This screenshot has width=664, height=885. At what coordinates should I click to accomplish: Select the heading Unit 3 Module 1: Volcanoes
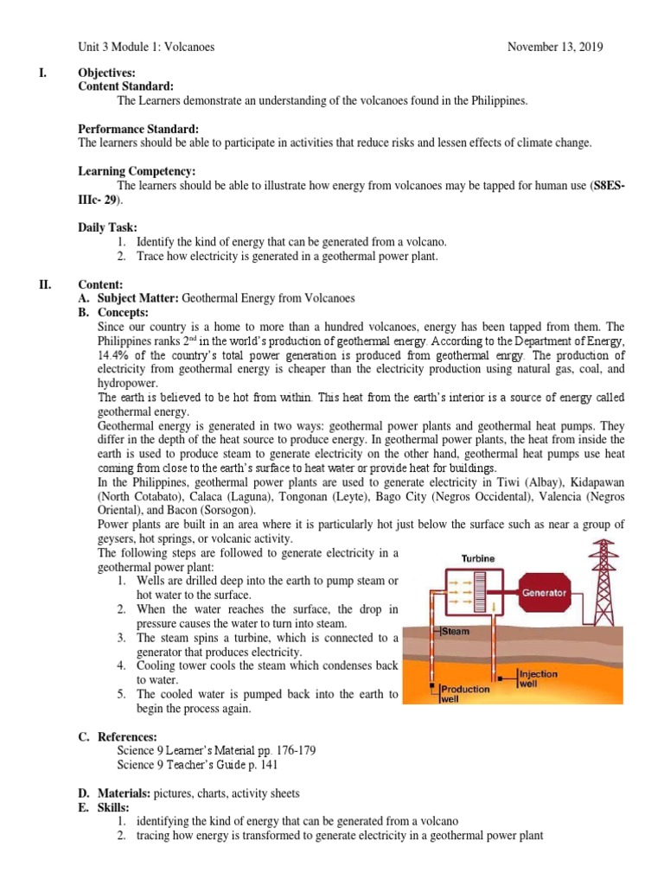(146, 47)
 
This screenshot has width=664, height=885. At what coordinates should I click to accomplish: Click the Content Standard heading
(125, 86)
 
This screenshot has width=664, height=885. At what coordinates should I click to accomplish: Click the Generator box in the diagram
(543, 593)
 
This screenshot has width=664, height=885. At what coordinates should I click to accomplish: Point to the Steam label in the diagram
(455, 632)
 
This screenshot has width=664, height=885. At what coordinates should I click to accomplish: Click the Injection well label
(538, 678)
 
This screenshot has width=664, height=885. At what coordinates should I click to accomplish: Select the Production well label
(464, 694)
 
